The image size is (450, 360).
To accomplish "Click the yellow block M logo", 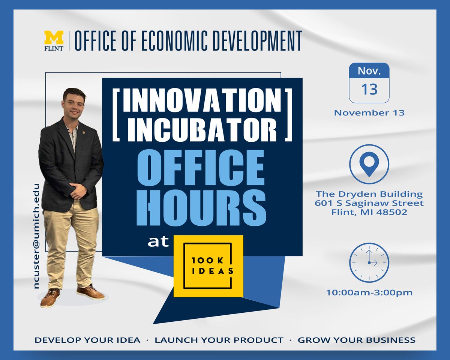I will pos(54,37).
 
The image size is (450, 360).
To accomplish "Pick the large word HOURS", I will pos(202,206).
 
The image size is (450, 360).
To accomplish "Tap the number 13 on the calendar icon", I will pos(369,90).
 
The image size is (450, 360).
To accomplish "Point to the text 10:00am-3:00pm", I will pos(369,292).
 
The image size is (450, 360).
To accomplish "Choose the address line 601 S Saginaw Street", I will pos(369,203).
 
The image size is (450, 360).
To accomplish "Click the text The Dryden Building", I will pos(369,194).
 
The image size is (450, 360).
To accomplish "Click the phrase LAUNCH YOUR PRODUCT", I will pos(219,340).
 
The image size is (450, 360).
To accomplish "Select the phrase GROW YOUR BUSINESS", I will pos(356,340).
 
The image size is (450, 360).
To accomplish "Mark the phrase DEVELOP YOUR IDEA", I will pos(88,340).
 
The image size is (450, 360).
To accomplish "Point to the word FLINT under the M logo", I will pos(54,48).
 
